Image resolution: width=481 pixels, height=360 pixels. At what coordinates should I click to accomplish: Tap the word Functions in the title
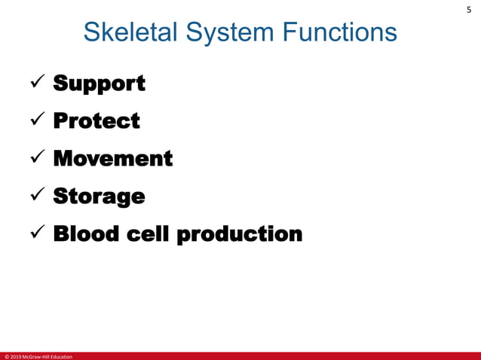(339, 32)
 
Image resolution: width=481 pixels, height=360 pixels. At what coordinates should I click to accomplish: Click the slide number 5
(468, 10)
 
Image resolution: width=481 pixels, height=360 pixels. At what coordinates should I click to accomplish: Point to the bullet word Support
(99, 84)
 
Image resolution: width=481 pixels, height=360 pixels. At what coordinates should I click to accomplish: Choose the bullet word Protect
(97, 121)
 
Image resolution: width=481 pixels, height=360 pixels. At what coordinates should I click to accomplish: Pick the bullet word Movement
(112, 158)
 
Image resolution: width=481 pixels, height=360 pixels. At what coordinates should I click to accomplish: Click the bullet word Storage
(99, 197)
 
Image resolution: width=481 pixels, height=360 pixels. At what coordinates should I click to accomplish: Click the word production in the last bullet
(239, 234)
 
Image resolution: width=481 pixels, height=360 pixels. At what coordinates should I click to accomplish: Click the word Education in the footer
(63, 356)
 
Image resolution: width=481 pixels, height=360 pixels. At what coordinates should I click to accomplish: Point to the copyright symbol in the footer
(6, 356)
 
